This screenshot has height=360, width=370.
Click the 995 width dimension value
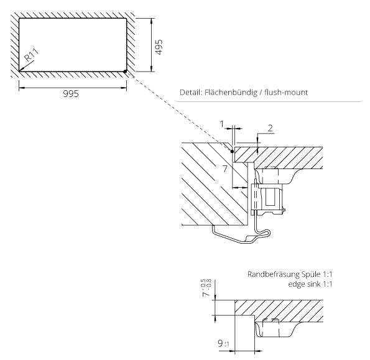(71, 94)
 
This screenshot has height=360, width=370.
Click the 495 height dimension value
(159, 47)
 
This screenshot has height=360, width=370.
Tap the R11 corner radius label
(32, 55)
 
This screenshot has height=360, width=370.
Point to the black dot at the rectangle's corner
(125, 71)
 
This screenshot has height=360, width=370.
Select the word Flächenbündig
(231, 92)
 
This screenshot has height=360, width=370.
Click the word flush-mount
(286, 92)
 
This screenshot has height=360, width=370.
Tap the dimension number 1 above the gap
(221, 124)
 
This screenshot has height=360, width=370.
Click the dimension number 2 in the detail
(270, 128)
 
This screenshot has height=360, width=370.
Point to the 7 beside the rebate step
(225, 168)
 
